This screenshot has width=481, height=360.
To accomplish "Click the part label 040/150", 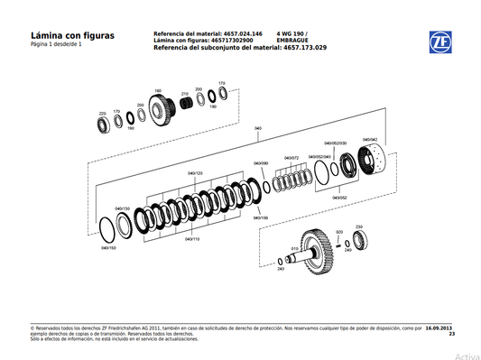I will (108, 247).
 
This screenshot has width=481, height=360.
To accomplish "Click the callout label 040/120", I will (195, 172).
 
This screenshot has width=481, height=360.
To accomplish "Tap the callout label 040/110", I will (192, 239).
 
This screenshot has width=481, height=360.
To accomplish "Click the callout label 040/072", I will (292, 158).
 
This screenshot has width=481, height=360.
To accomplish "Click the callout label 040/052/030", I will (336, 143).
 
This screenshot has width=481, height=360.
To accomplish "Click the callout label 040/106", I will (260, 217).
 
